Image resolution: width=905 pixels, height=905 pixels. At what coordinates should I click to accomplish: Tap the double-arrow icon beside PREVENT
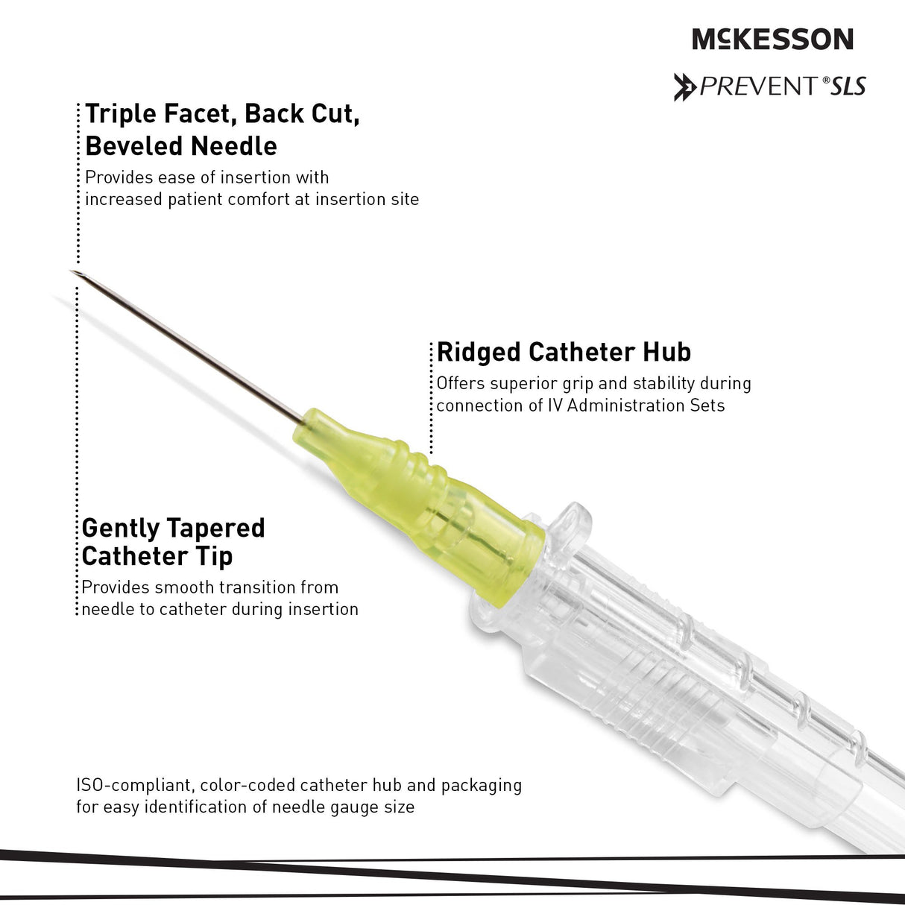point(685,87)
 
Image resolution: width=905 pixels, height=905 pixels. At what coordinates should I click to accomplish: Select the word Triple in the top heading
point(122,115)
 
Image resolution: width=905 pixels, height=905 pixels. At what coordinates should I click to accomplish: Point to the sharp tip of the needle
point(71,271)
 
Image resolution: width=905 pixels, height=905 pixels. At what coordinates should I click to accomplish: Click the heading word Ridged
point(479,353)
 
